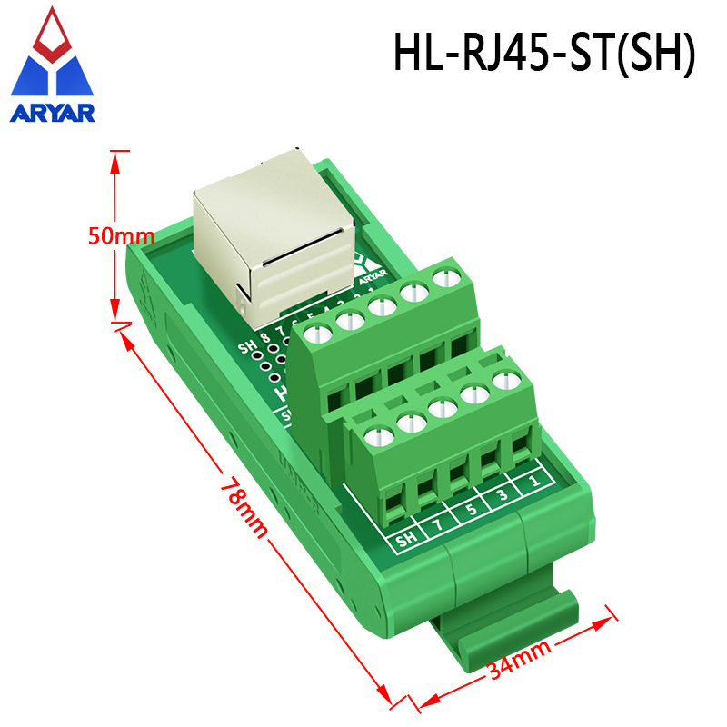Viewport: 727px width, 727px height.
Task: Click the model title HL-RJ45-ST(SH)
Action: pyautogui.click(x=543, y=53)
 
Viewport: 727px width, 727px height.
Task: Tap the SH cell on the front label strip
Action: pyautogui.click(x=406, y=538)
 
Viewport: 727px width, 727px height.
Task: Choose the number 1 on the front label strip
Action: pyautogui.click(x=533, y=479)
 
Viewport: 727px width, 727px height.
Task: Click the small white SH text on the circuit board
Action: pyautogui.click(x=245, y=346)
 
